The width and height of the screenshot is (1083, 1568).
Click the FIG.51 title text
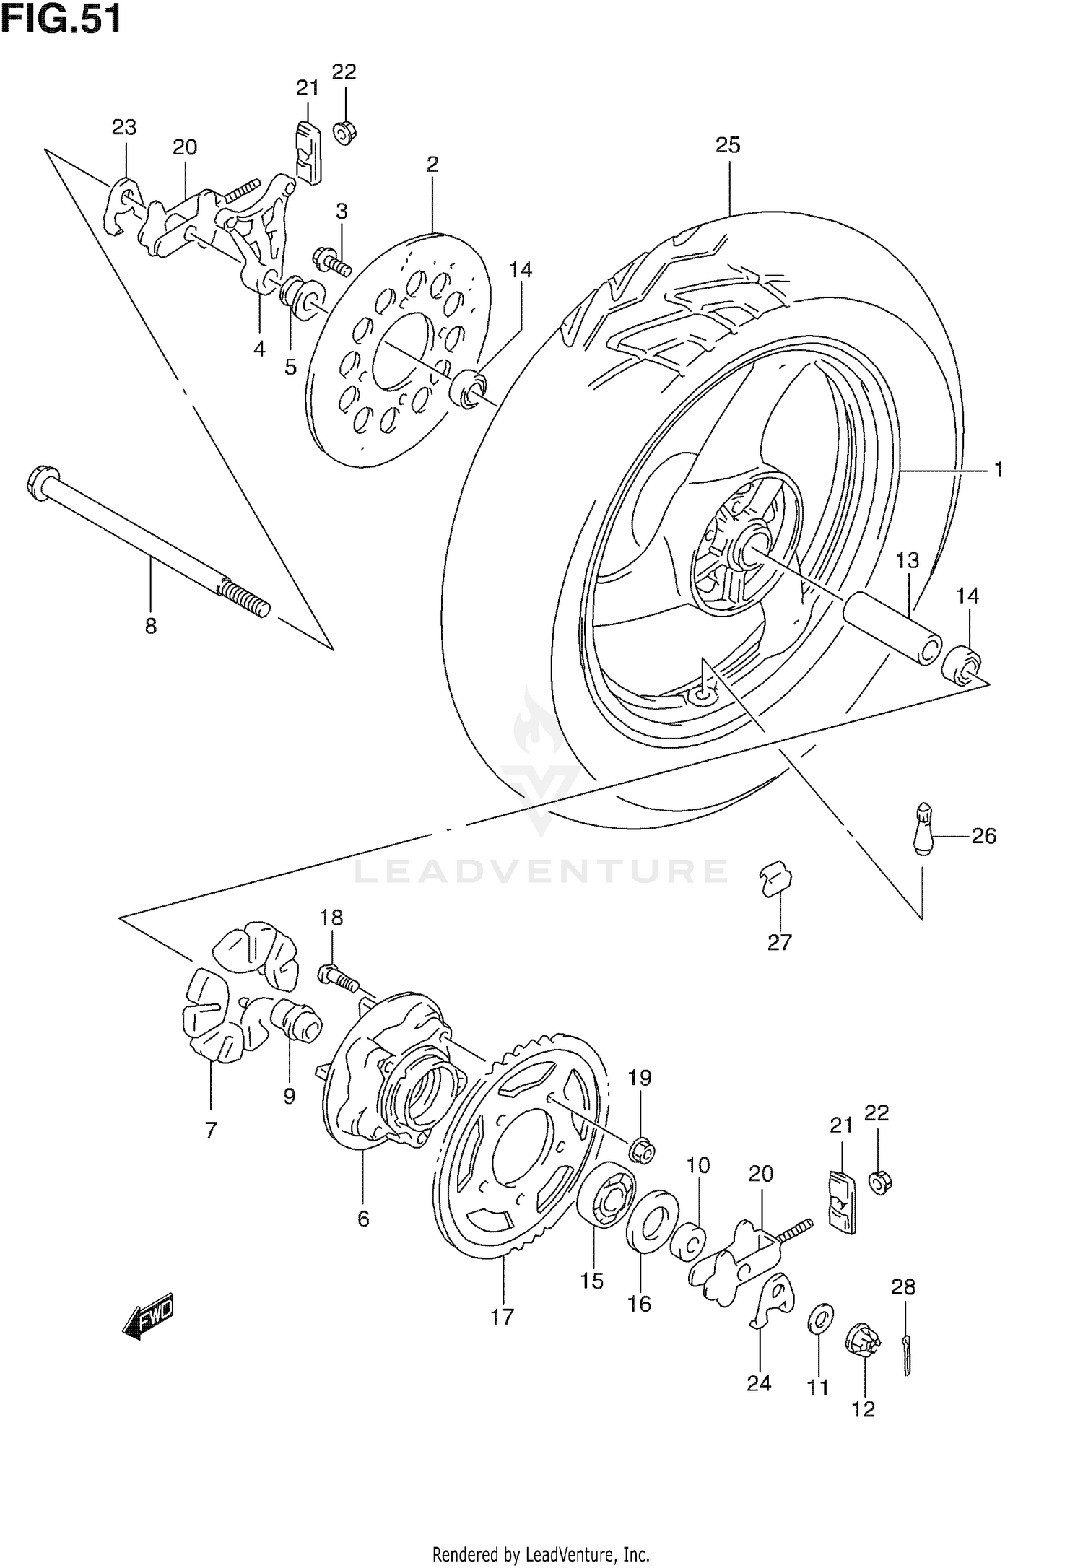pyautogui.click(x=61, y=19)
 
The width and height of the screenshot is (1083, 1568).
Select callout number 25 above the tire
pyautogui.click(x=728, y=145)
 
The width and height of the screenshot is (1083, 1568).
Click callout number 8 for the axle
pyautogui.click(x=150, y=625)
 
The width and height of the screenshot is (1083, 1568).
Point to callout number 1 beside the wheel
pyautogui.click(x=999, y=470)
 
